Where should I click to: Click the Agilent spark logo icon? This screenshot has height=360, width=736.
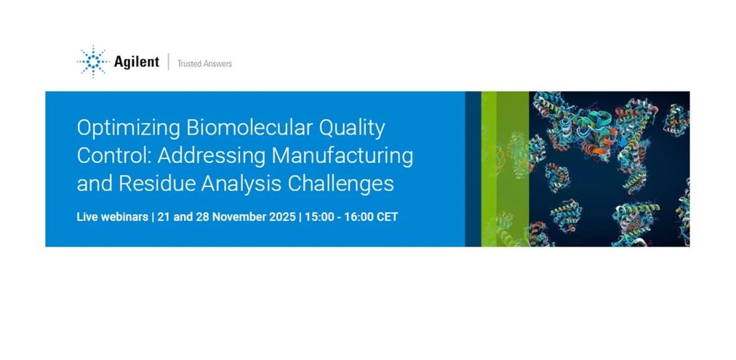tap(93, 62)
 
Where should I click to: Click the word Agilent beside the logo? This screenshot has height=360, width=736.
tap(136, 63)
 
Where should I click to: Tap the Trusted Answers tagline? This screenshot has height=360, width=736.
tap(204, 64)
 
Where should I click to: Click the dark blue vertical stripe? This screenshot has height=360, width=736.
tap(473, 169)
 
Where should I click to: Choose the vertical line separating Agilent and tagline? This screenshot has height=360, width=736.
tap(168, 63)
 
